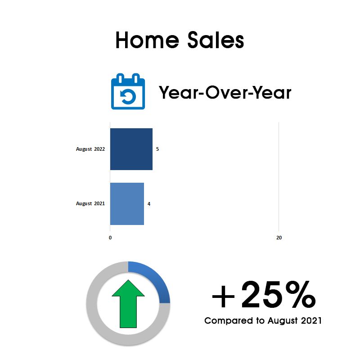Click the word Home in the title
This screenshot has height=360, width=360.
click(147, 40)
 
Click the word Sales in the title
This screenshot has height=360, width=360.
click(216, 40)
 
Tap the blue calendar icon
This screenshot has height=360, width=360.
click(128, 91)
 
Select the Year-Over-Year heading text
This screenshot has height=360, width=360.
click(225, 92)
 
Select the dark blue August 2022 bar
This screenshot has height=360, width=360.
click(131, 149)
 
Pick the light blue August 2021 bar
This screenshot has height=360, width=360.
click(127, 204)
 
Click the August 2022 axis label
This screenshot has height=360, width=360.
click(90, 149)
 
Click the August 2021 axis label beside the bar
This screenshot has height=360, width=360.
click(90, 204)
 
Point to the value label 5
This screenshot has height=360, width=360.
click(157, 149)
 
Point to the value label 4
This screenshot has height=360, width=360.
click(149, 204)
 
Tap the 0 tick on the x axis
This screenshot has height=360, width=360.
click(110, 238)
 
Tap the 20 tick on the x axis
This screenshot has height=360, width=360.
click(279, 238)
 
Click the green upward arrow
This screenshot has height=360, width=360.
click(128, 303)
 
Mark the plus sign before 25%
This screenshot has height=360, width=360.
click(223, 296)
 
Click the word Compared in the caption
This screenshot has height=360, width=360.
click(229, 321)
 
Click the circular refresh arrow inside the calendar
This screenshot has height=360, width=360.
click(128, 96)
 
